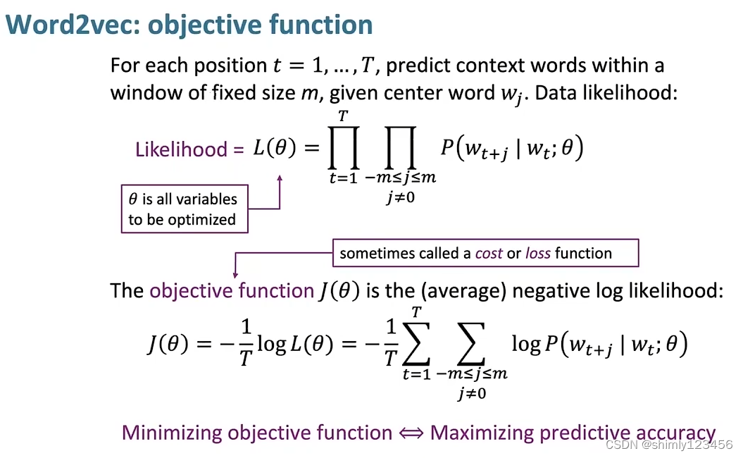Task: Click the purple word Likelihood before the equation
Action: tap(181, 149)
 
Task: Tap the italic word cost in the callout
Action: tap(489, 254)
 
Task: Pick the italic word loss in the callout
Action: tap(538, 254)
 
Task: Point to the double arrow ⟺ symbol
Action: tap(411, 433)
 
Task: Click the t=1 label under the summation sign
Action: tap(416, 374)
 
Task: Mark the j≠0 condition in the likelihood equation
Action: tap(400, 197)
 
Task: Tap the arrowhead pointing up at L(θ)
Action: tap(280, 178)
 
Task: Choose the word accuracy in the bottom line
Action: tap(675, 433)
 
